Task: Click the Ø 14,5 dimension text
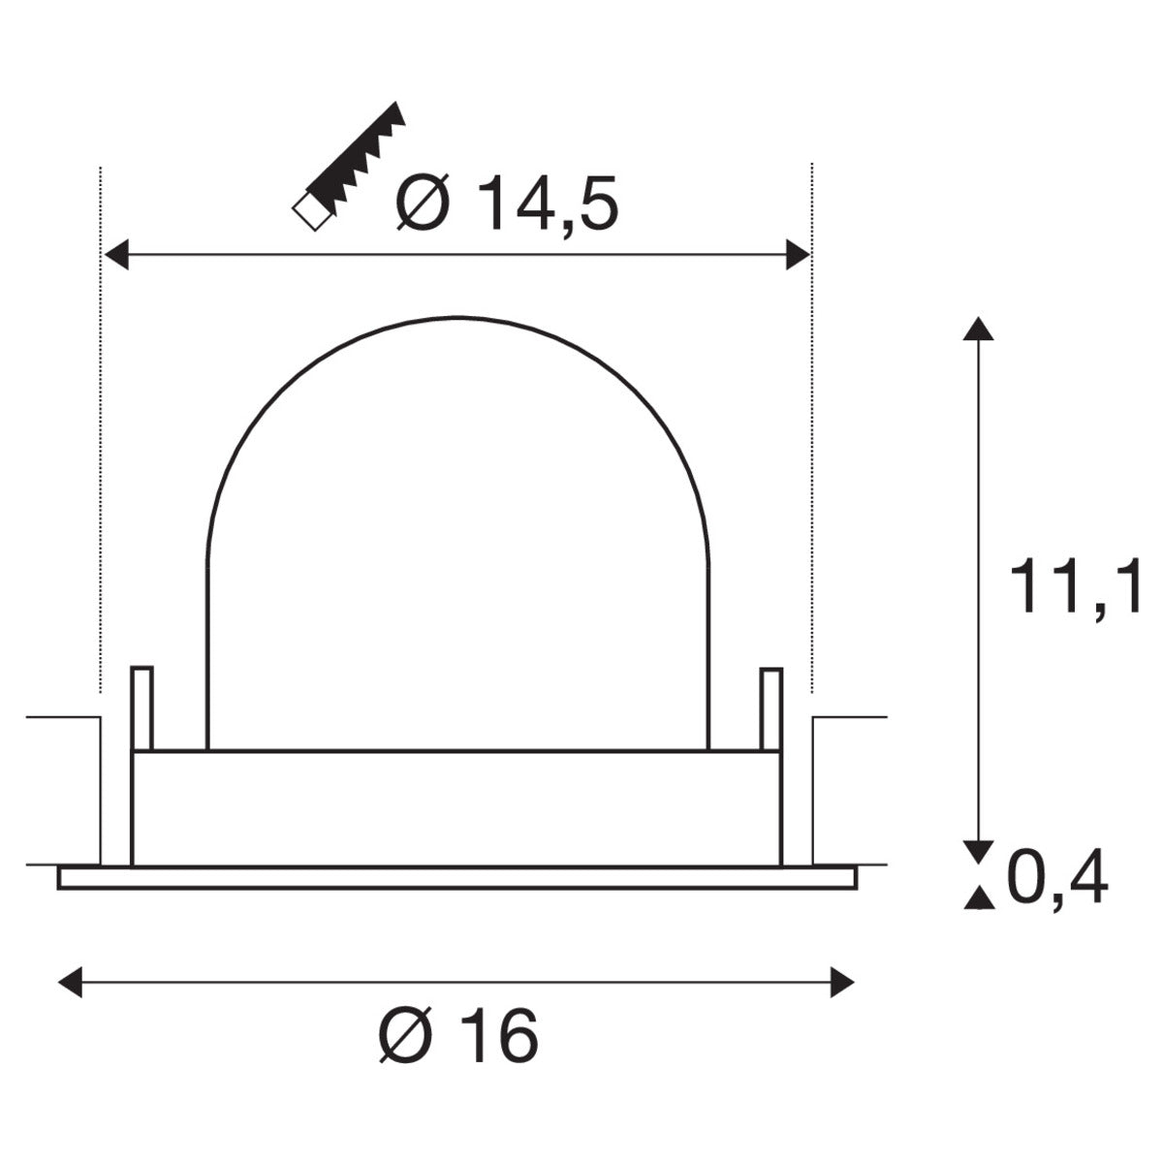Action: tap(507, 204)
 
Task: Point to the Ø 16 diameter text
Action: tap(457, 1037)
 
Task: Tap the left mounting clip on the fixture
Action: tap(141, 707)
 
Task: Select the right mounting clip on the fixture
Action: tap(770, 707)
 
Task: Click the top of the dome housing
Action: tap(458, 317)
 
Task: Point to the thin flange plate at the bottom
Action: tap(457, 877)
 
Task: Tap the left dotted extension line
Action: tap(101, 426)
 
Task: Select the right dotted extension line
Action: tap(812, 426)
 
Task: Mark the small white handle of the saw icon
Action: tap(309, 211)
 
